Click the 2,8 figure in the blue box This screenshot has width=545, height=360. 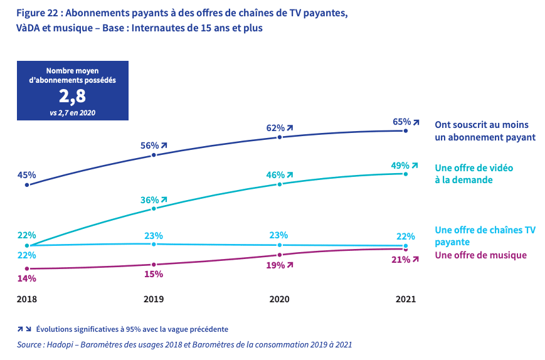coord(72,97)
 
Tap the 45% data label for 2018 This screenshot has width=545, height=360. coord(26,175)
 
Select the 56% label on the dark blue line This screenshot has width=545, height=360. coord(149,146)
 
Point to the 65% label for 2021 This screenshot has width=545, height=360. coord(402,122)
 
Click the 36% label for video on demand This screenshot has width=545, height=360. coord(149,200)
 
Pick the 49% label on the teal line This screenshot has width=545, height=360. coord(402,165)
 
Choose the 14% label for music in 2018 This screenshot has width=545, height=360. coord(26,278)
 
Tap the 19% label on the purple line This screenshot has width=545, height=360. coord(275,265)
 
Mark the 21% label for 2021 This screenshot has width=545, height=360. coord(401,260)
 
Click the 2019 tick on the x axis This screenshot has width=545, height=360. coord(154,300)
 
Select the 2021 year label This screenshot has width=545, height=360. coord(406,300)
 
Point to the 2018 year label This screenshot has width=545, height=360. coord(26,300)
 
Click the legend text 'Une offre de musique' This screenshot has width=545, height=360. coord(480,255)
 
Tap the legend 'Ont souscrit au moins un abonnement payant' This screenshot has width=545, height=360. coord(485,130)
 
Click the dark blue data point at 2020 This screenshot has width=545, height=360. coord(280,137)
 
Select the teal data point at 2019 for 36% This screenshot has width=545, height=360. coord(154,208)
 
